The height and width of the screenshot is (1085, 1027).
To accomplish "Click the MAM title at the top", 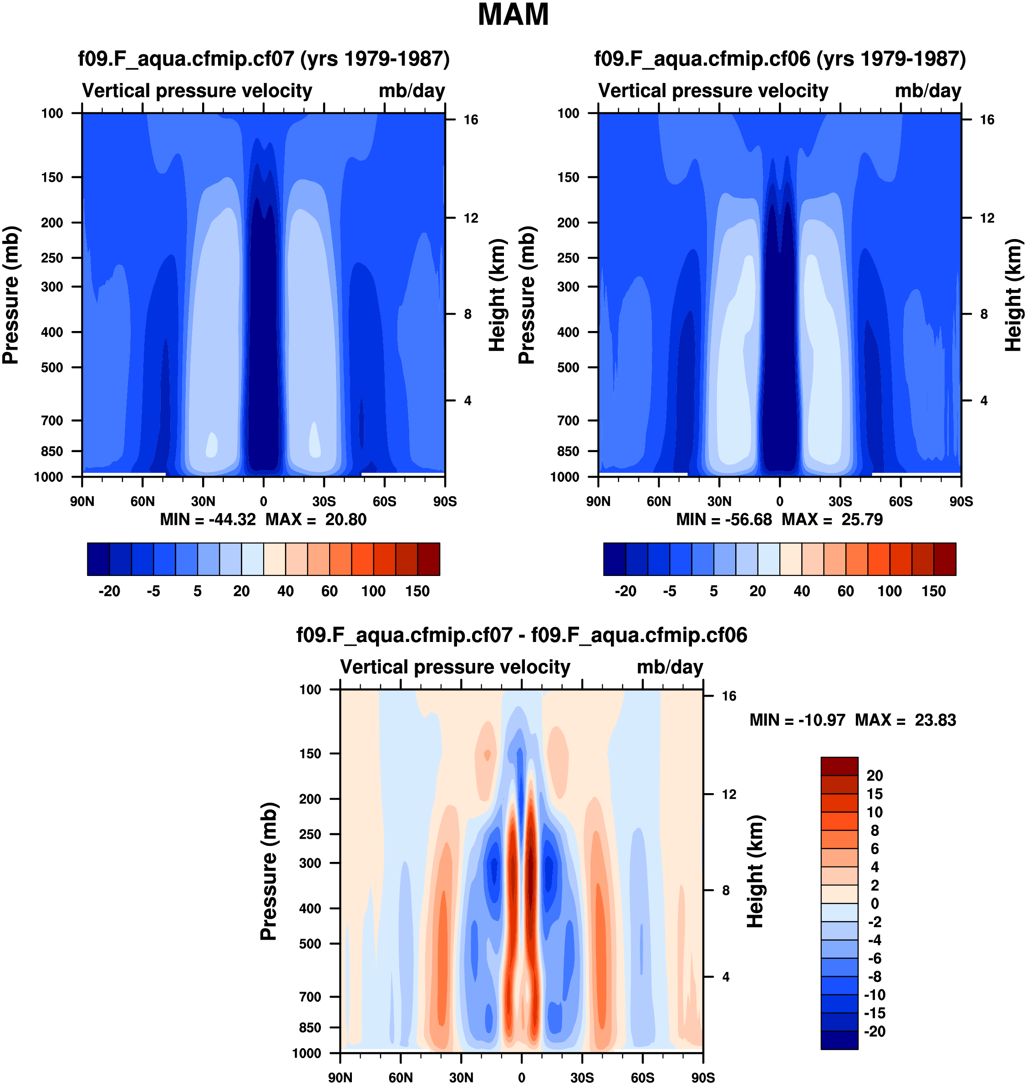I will (x=513, y=15).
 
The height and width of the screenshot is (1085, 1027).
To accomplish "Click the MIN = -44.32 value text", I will (x=208, y=520).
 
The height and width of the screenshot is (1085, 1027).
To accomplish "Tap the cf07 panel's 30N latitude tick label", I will (x=203, y=501).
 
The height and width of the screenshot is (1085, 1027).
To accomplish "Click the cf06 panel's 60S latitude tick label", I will (x=900, y=501).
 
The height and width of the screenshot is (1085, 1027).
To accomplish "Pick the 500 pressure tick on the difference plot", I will (x=310, y=944).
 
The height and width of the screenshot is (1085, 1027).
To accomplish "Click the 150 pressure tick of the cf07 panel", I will (x=52, y=178).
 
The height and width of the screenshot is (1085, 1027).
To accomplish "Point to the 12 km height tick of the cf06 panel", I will (x=987, y=219).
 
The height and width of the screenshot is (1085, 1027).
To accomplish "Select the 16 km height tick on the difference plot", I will (x=729, y=696).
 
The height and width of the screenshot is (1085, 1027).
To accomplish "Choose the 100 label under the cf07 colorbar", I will (x=373, y=591).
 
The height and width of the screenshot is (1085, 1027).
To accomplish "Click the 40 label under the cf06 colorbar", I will (x=802, y=591).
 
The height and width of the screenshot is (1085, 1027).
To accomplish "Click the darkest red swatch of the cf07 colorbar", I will (x=429, y=559).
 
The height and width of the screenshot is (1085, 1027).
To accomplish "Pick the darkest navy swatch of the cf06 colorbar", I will (x=614, y=559).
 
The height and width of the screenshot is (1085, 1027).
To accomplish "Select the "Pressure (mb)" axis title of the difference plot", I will (x=269, y=871).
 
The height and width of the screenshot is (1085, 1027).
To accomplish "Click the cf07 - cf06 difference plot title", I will (x=522, y=635).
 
